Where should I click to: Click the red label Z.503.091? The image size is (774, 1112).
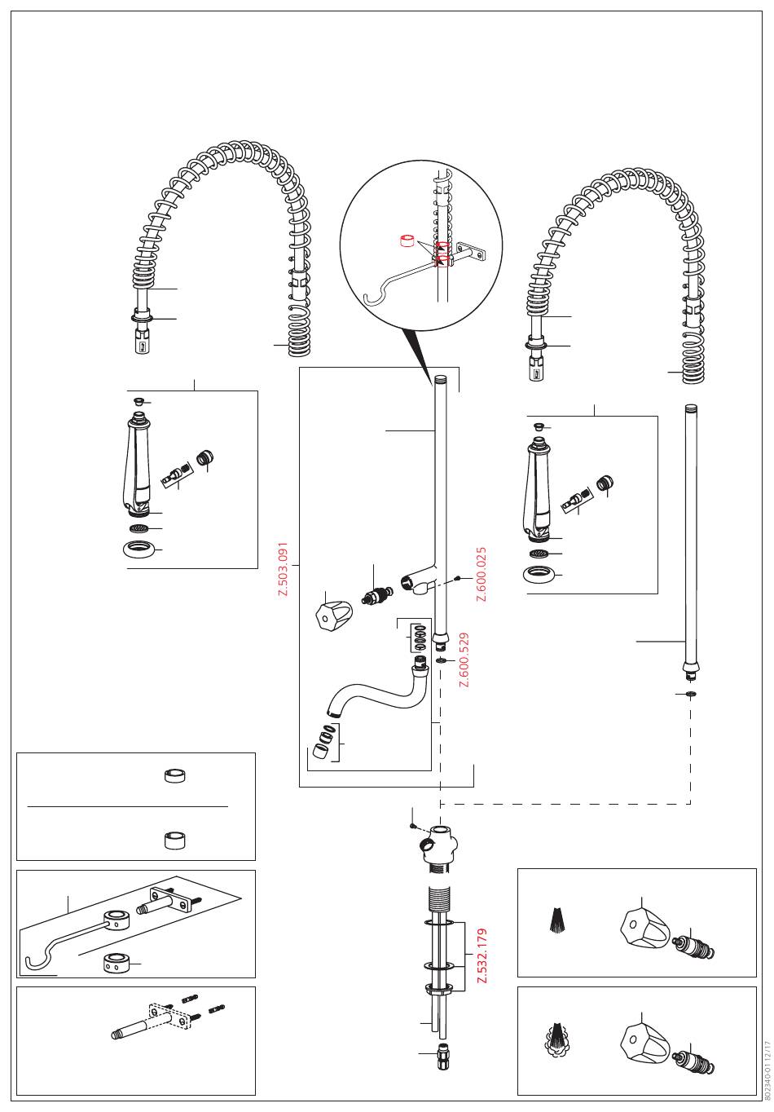[284, 568]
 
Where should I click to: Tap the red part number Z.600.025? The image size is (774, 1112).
[482, 574]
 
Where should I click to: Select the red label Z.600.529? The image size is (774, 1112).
[464, 660]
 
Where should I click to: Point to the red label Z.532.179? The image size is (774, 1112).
[482, 956]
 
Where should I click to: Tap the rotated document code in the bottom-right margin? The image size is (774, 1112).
[767, 1067]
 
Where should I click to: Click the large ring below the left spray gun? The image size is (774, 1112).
[140, 549]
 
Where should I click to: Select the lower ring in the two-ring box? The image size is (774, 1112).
[174, 840]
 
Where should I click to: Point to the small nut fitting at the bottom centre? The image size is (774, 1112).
[442, 1057]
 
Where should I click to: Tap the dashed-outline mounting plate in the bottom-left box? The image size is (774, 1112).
[169, 1017]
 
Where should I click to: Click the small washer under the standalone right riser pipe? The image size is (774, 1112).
[691, 693]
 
